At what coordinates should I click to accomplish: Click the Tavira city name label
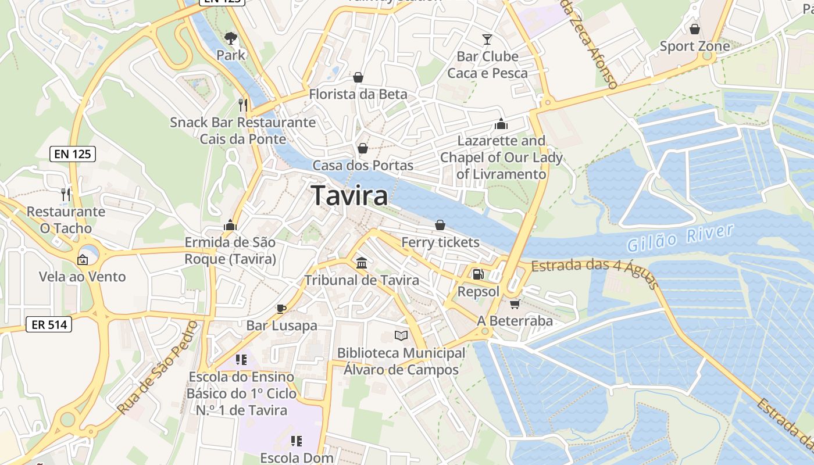tap(349, 196)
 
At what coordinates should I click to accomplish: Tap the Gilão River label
tap(681, 238)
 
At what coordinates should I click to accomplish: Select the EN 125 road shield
tap(73, 154)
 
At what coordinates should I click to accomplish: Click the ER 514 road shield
tap(49, 325)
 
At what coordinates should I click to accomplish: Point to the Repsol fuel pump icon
tap(477, 274)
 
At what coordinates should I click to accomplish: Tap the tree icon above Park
tap(231, 38)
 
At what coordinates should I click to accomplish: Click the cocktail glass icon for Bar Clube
tap(487, 40)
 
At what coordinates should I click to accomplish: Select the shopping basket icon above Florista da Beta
tap(358, 77)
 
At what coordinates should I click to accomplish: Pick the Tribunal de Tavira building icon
tap(362, 263)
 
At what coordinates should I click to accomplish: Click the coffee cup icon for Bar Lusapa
tap(281, 309)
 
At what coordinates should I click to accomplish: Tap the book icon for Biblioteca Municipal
tap(401, 335)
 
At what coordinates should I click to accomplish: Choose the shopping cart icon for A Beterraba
tap(515, 304)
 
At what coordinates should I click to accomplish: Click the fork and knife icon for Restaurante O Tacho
tap(66, 194)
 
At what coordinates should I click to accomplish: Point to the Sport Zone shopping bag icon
tap(694, 29)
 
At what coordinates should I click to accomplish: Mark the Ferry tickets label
tap(441, 242)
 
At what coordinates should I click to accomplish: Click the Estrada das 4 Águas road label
tap(594, 268)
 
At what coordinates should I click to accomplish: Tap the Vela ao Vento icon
tap(83, 259)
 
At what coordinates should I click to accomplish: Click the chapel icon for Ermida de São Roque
tap(230, 225)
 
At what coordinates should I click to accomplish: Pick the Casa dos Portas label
tap(363, 166)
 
